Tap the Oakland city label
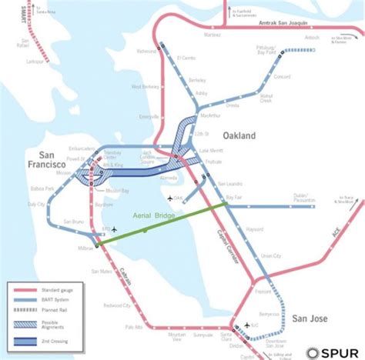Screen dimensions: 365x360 (239, 135)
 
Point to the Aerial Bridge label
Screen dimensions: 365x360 (156, 218)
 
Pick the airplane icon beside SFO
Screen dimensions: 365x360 (114, 229)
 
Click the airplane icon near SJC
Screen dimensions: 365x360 (247, 324)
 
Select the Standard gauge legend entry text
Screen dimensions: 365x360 (55, 290)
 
